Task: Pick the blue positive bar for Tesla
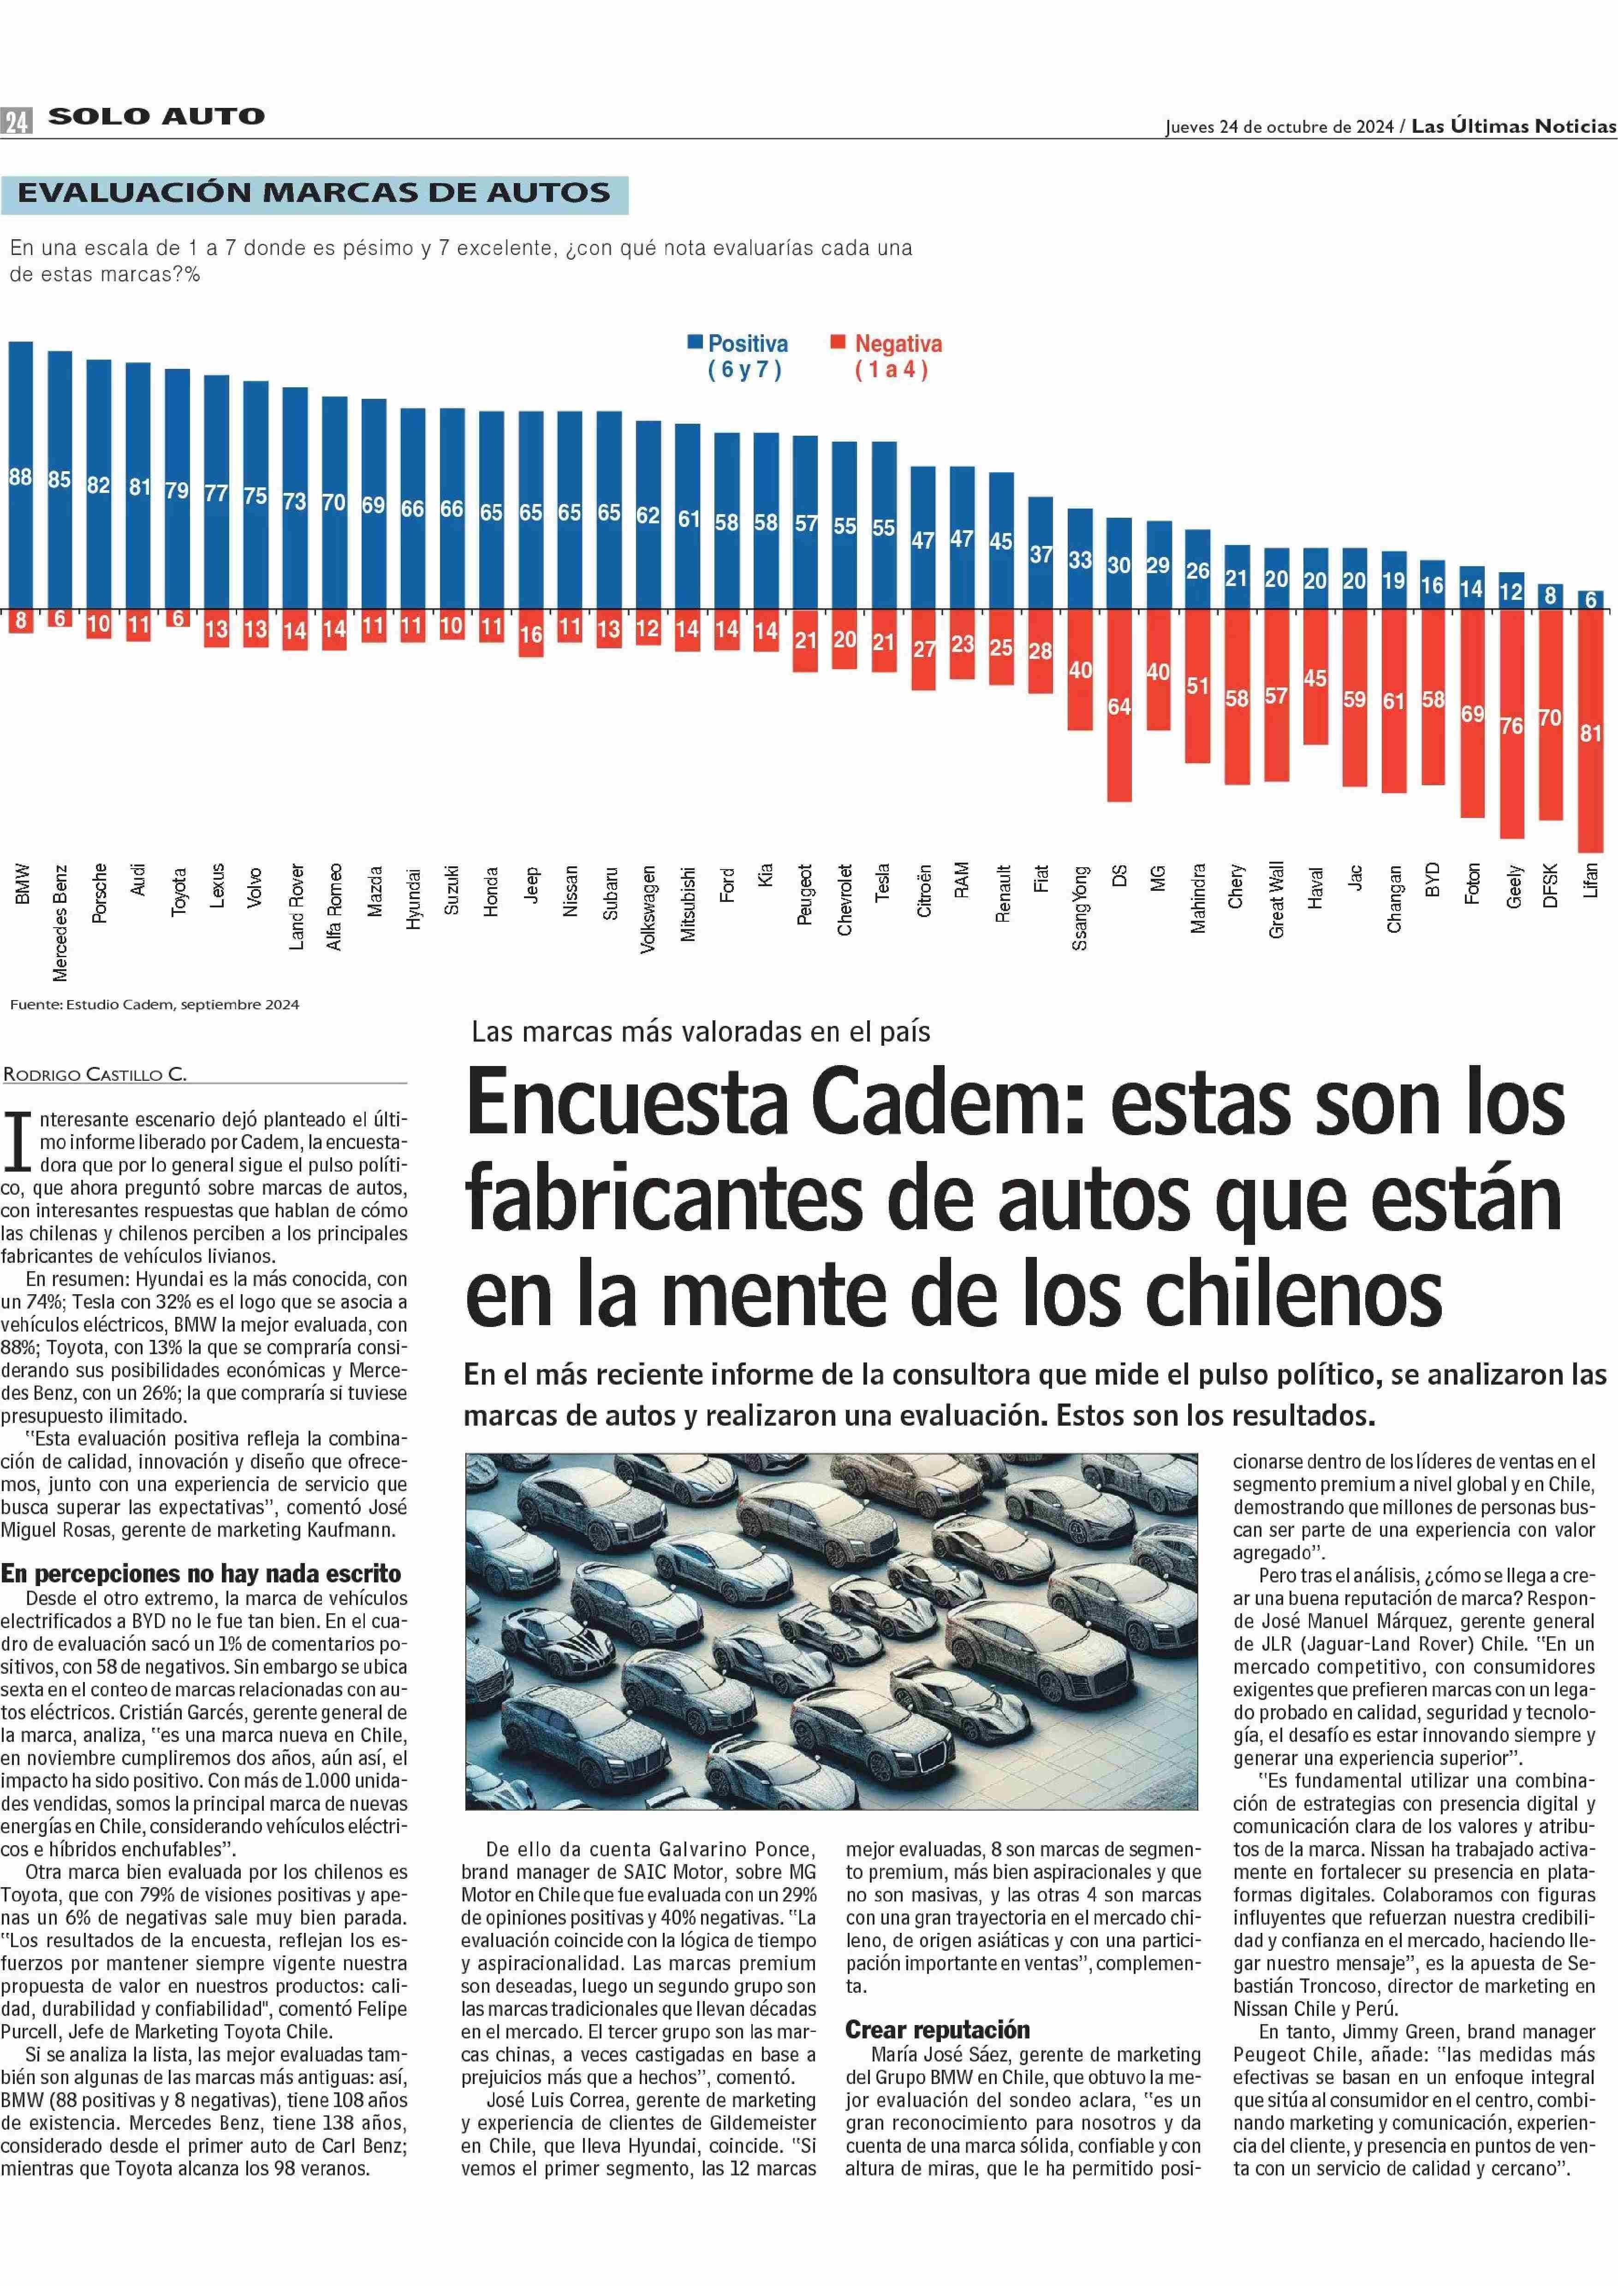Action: tap(884, 525)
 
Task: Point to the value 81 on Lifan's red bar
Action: tap(1590, 733)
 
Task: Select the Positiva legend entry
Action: tap(738, 355)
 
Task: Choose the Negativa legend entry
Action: tap(886, 355)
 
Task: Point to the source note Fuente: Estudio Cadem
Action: tap(155, 1005)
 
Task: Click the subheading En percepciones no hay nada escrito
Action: tap(201, 1574)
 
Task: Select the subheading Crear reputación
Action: tap(938, 2029)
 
